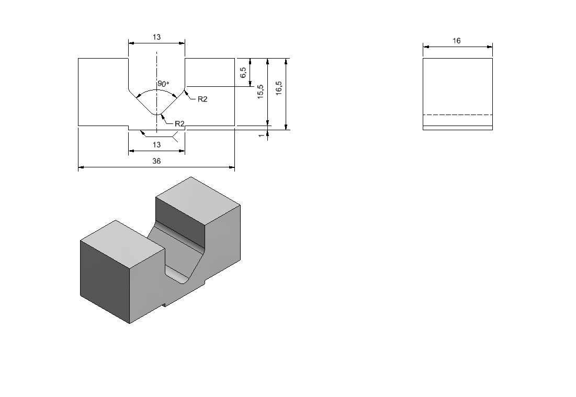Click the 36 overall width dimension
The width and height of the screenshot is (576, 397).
click(x=156, y=161)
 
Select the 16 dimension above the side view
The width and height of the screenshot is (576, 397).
click(x=457, y=41)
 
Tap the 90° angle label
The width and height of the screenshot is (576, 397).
click(x=163, y=84)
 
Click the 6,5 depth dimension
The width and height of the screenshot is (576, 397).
click(x=243, y=72)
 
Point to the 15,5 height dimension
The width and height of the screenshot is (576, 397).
click(x=261, y=92)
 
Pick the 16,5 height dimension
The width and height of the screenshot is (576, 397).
click(x=278, y=88)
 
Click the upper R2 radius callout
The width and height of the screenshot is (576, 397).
click(x=202, y=99)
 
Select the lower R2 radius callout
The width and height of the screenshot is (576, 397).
click(x=179, y=124)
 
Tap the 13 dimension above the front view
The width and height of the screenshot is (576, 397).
click(x=156, y=37)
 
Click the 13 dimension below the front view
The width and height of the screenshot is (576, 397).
click(x=156, y=145)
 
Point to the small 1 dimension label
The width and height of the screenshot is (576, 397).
click(x=261, y=135)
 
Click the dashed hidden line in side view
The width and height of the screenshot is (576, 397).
click(x=458, y=115)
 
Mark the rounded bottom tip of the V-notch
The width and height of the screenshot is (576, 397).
click(x=157, y=114)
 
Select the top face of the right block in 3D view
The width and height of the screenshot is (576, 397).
click(x=198, y=200)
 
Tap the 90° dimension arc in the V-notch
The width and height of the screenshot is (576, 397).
click(x=156, y=90)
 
